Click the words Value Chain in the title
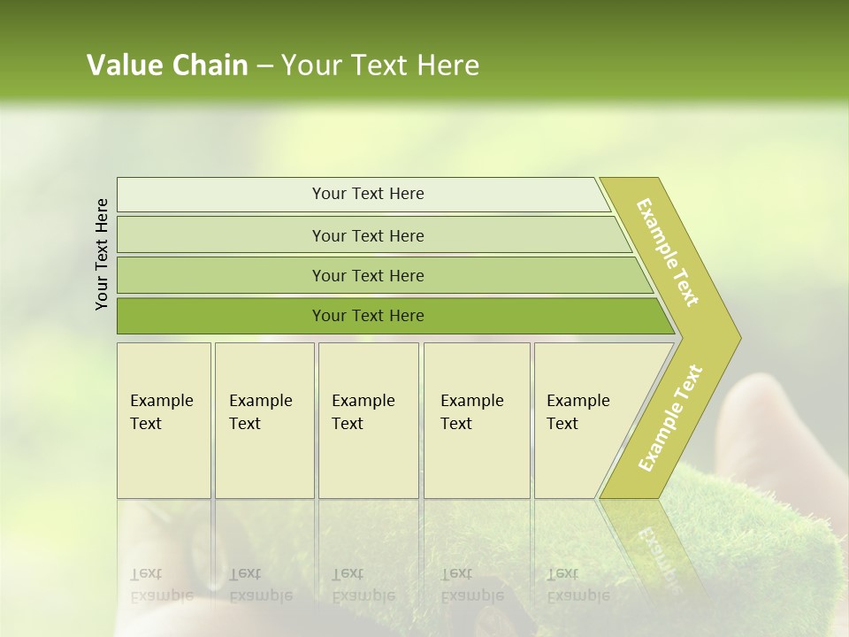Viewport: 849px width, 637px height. pyautogui.click(x=167, y=65)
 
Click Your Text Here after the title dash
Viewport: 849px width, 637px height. pyautogui.click(x=380, y=65)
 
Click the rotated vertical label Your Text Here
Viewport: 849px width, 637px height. pyautogui.click(x=102, y=255)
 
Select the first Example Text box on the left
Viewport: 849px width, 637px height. pyautogui.click(x=164, y=419)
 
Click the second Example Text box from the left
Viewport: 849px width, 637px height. pyautogui.click(x=264, y=419)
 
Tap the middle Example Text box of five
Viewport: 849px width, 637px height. pyautogui.click(x=368, y=419)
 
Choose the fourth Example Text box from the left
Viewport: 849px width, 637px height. pyautogui.click(x=476, y=419)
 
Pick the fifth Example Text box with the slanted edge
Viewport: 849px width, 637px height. pyautogui.click(x=579, y=419)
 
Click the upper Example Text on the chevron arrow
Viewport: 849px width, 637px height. pyautogui.click(x=668, y=252)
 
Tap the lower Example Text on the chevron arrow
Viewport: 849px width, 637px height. pyautogui.click(x=670, y=418)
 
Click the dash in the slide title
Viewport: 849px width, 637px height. pyautogui.click(x=264, y=66)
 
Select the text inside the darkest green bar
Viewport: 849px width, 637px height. pyautogui.click(x=368, y=316)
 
